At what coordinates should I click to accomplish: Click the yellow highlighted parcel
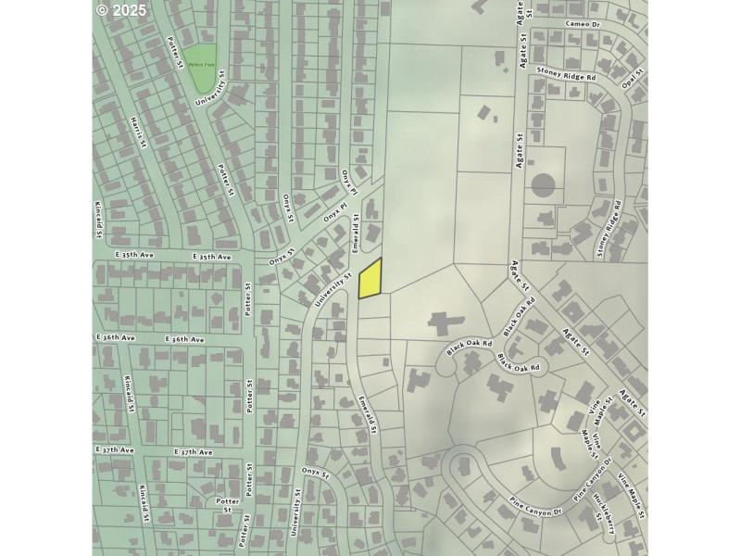tap(370, 279)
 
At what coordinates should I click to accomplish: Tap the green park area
tap(203, 68)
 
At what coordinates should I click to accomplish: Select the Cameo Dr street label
tap(582, 22)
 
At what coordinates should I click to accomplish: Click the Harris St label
tap(139, 131)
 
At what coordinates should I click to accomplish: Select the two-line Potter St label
tap(228, 506)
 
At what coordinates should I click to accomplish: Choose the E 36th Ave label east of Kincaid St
tap(184, 339)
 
